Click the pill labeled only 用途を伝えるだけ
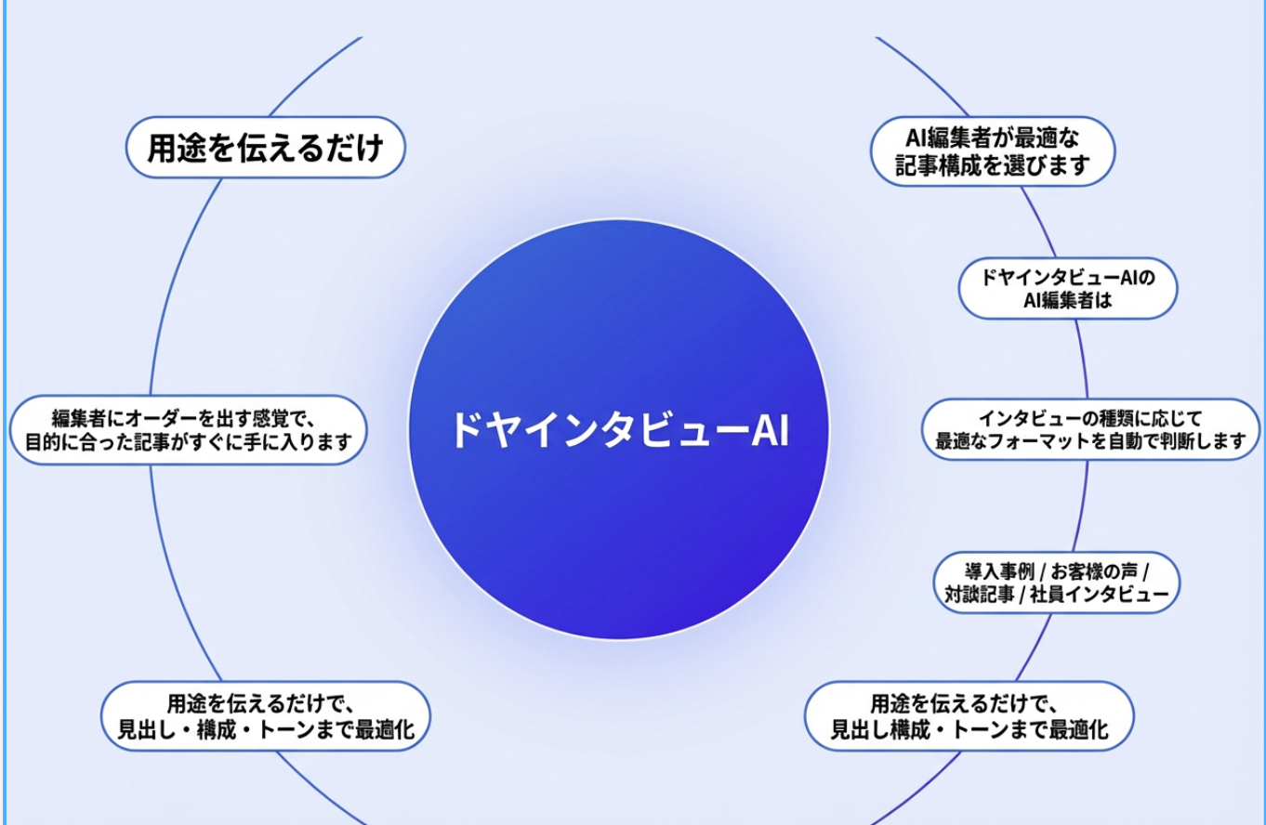coord(265,148)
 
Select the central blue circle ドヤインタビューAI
coord(618,430)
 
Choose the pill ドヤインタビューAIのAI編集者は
coord(1068,289)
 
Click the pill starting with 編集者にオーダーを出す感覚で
coord(189,430)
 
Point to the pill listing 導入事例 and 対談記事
coord(1057,583)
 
